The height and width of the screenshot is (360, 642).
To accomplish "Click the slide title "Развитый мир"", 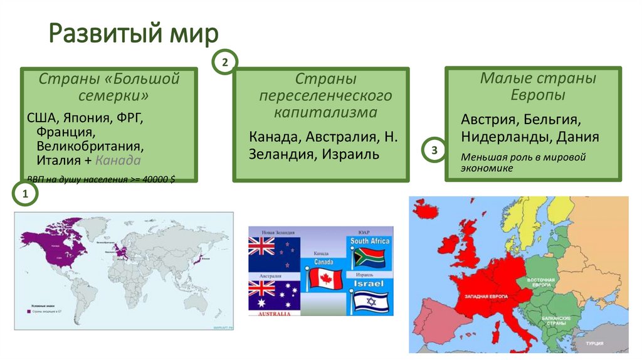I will click(x=134, y=34).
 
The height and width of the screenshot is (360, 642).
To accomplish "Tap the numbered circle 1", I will click(x=26, y=195).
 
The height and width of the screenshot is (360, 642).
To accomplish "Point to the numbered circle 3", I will click(x=433, y=151).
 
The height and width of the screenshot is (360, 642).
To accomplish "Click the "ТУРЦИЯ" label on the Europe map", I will click(x=595, y=344).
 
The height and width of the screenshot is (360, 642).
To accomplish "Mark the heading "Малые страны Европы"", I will click(x=537, y=87).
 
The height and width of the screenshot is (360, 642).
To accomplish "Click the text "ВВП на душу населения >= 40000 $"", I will click(x=100, y=179).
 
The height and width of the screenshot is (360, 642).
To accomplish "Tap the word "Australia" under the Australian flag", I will click(x=273, y=313).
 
